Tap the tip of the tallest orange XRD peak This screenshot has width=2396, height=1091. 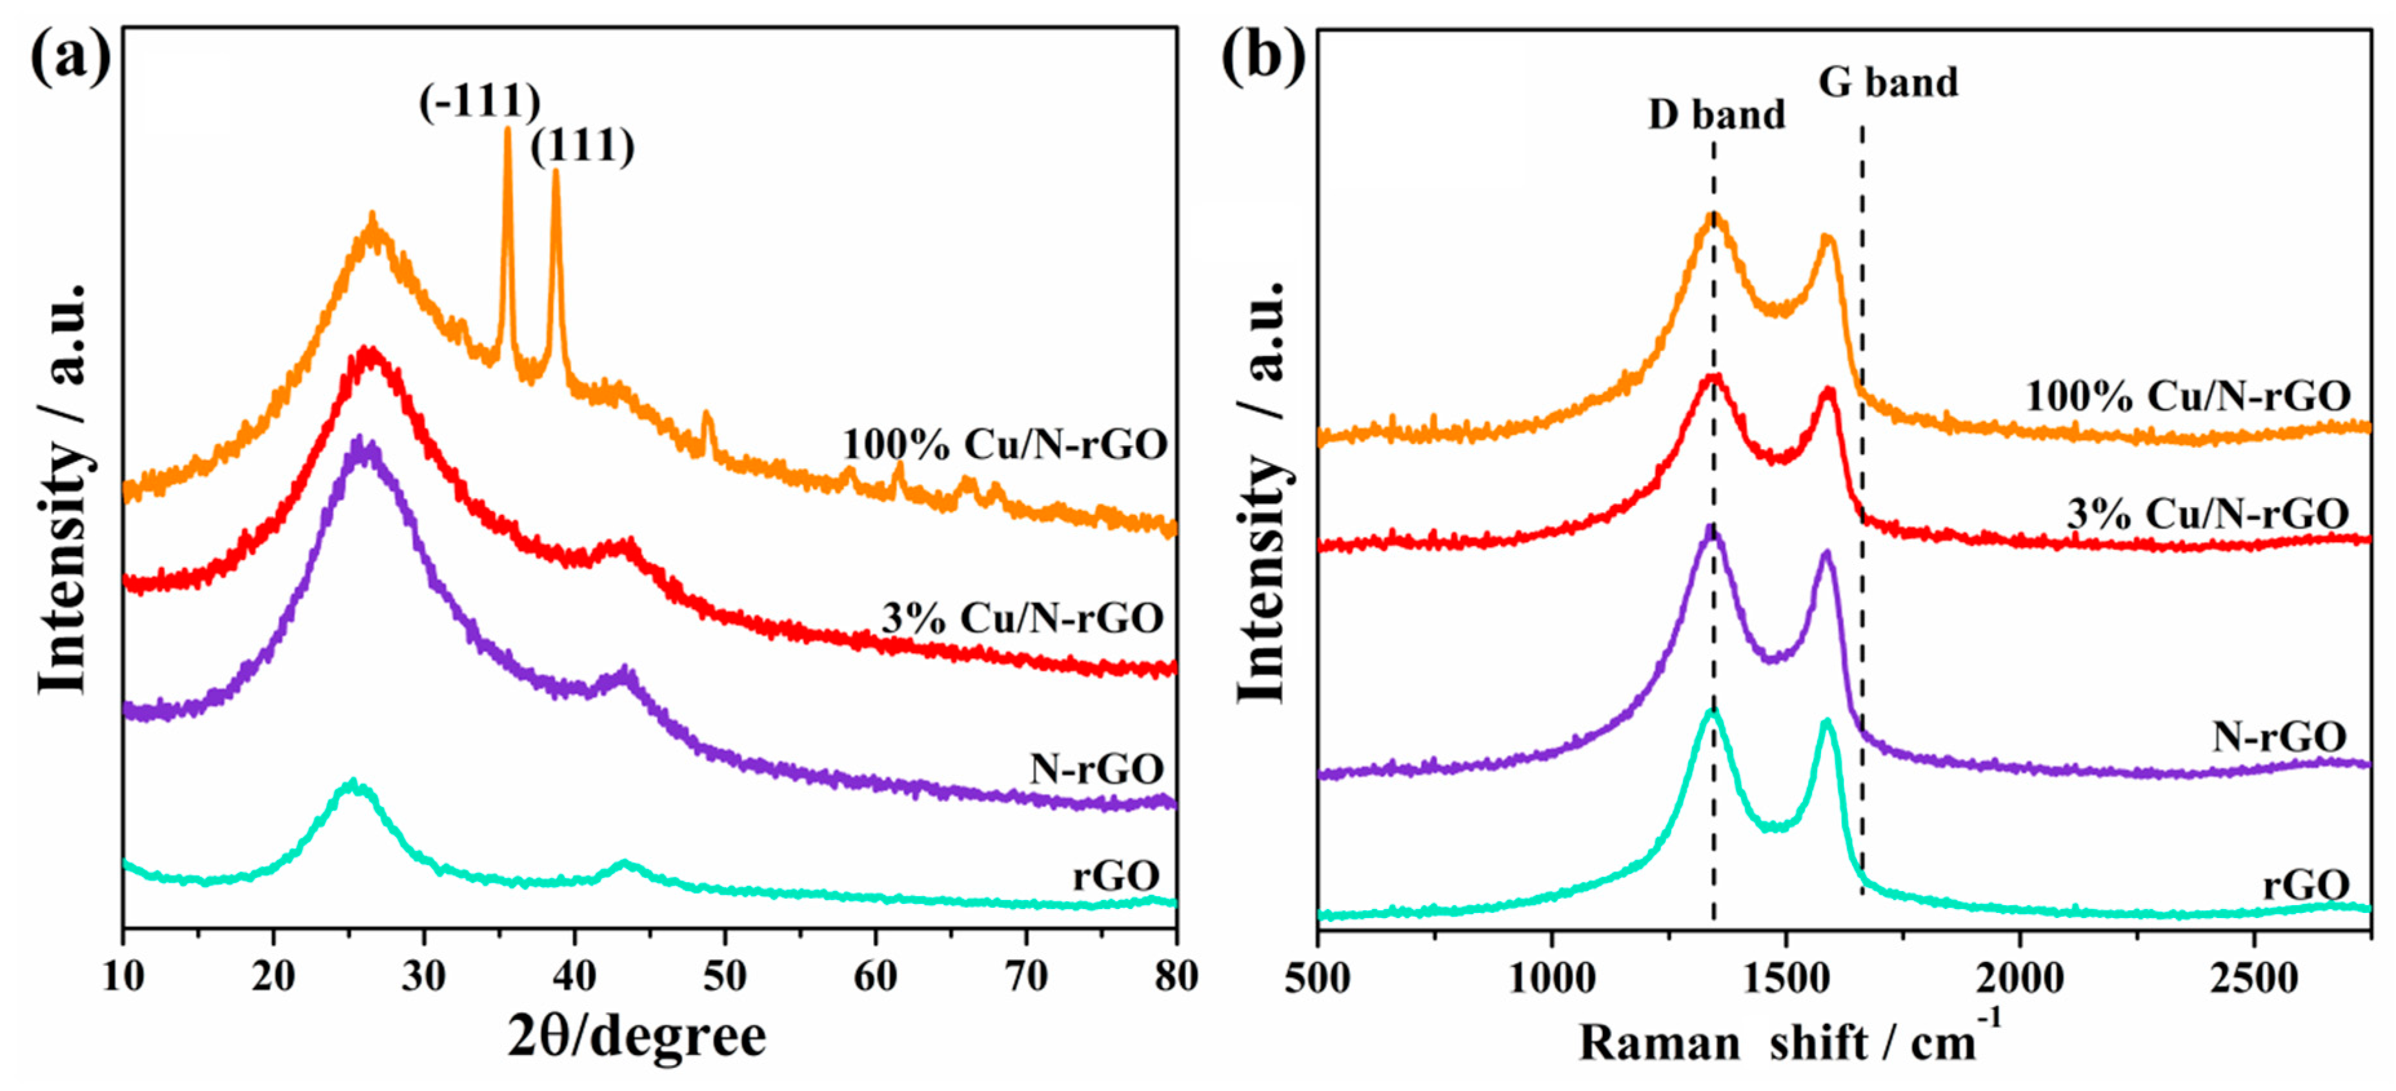coord(507,129)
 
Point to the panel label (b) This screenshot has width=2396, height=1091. coord(1262,57)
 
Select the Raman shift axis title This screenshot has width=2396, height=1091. coord(1791,1040)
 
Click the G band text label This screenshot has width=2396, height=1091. coord(1888,82)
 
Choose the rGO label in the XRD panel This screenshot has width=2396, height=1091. coord(1116,876)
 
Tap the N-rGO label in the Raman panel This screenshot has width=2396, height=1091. coord(2279,737)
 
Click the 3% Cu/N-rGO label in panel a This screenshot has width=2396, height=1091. coord(1023,617)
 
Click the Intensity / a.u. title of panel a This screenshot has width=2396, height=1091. coord(63,488)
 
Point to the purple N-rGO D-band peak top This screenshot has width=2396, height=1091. coord(1709,527)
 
